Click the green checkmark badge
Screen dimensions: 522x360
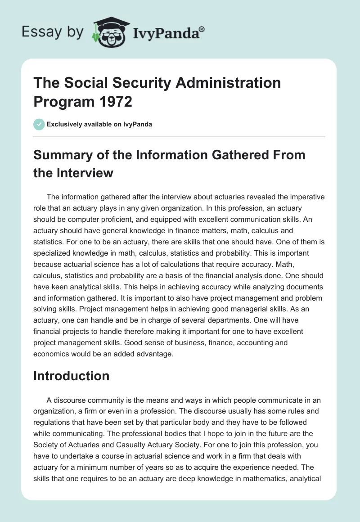pyautogui.click(x=39, y=124)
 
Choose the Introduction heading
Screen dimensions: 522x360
pyautogui.click(x=71, y=376)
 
